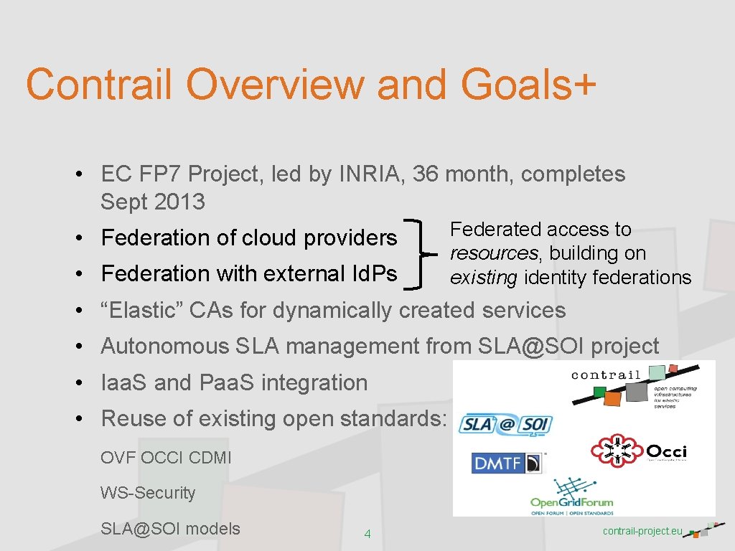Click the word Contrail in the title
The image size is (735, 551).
[98, 84]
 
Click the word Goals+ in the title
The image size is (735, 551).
[528, 84]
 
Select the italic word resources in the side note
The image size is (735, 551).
[492, 253]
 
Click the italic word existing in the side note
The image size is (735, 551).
[483, 278]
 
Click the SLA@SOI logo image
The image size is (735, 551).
[506, 425]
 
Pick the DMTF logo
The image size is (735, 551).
[507, 463]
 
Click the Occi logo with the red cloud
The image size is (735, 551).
[638, 451]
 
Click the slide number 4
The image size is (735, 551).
[367, 534]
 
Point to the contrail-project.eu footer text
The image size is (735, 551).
[642, 531]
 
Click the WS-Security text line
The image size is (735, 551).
[148, 493]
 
